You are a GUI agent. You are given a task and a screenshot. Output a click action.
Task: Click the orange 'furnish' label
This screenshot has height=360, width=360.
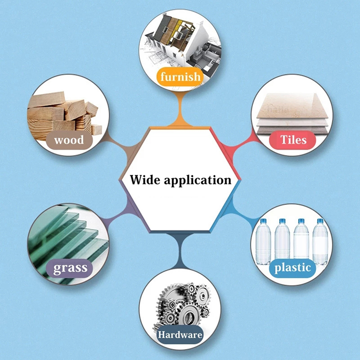[180, 76]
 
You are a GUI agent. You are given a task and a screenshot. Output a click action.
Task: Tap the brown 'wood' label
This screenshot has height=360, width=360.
[69, 140]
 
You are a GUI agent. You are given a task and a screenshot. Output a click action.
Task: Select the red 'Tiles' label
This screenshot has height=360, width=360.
[293, 140]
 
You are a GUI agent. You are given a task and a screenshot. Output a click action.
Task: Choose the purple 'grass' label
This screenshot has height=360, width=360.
[70, 269]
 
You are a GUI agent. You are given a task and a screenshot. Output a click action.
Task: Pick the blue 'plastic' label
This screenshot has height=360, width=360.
[292, 268]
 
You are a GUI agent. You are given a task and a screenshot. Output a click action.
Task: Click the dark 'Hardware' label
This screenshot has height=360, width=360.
[180, 335]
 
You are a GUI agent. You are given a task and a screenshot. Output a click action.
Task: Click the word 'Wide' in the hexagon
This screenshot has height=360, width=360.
[144, 180]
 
